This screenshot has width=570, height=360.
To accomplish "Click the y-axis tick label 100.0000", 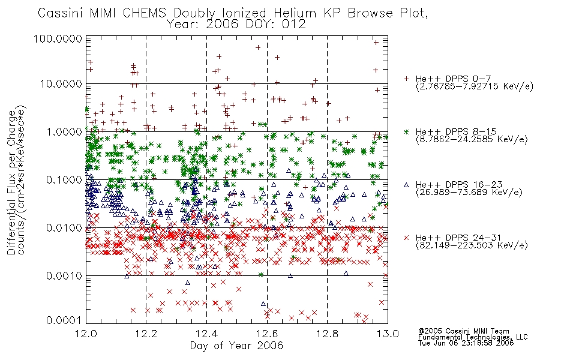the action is [58, 38].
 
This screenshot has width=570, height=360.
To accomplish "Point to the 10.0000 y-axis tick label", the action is [61, 84].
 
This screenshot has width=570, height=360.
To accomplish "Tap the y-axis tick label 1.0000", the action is [64, 131].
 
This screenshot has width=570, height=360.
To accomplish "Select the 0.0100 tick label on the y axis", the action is [64, 228].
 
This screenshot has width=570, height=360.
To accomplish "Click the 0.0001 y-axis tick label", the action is [64, 320].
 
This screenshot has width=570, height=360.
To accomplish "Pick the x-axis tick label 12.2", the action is [146, 334].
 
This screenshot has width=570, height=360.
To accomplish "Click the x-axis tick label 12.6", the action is [267, 334].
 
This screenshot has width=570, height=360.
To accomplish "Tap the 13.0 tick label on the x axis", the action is [388, 334].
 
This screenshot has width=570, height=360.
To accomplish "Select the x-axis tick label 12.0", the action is [86, 334].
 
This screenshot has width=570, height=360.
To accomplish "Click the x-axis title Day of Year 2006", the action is [236, 346].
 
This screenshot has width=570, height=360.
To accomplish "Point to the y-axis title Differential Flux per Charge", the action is [11, 182].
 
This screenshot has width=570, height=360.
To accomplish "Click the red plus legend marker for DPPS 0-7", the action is [406, 79].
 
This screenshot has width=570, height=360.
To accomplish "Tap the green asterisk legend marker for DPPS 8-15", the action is [406, 131].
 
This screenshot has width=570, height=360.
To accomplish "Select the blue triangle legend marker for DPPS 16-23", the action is [406, 185].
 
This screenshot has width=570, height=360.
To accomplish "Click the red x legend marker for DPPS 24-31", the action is [406, 238].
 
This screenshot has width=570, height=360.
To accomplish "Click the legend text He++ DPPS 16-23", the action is [459, 185].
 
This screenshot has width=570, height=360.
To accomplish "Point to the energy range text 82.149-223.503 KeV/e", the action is [472, 245].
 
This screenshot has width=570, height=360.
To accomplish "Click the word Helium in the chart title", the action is [296, 13].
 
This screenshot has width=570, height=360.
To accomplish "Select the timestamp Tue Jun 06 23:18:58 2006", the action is [466, 343].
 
